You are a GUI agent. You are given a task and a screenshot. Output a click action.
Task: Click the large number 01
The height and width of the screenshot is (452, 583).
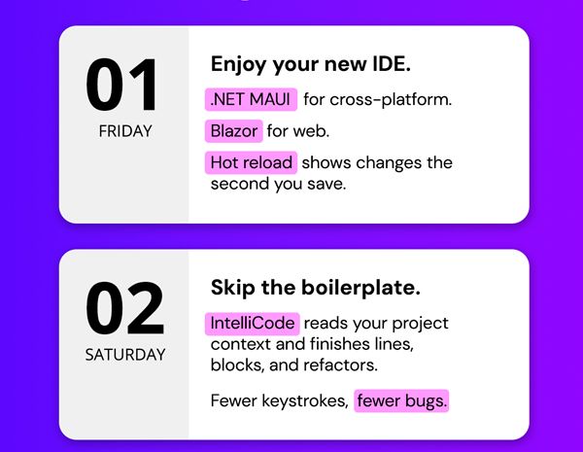(x=121, y=85)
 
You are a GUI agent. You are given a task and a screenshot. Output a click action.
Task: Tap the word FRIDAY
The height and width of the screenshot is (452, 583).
(x=125, y=131)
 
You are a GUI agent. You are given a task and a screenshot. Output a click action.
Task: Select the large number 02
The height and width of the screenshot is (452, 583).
(x=125, y=308)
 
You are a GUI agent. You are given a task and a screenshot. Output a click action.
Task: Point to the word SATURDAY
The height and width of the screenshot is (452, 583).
(x=125, y=355)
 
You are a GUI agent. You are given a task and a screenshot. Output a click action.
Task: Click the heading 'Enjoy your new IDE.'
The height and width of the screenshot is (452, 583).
(x=311, y=65)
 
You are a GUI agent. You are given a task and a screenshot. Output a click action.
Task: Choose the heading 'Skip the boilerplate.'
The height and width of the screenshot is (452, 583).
(x=316, y=288)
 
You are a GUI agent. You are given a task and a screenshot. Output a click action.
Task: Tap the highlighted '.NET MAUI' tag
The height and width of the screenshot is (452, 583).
(x=251, y=99)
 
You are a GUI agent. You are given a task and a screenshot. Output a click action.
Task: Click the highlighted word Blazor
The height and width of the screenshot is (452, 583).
(x=234, y=131)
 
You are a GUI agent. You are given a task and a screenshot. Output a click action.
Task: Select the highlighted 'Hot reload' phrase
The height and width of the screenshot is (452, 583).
(x=251, y=162)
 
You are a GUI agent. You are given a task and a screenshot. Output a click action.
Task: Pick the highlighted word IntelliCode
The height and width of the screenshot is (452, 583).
(x=252, y=323)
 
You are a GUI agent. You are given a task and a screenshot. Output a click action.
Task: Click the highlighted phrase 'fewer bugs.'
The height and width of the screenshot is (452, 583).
(x=401, y=400)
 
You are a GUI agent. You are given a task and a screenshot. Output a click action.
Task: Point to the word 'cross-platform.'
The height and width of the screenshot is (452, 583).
(x=391, y=100)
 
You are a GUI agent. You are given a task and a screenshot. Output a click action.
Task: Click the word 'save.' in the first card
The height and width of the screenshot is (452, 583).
(x=326, y=184)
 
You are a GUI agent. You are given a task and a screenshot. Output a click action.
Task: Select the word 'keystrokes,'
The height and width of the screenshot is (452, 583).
(x=305, y=401)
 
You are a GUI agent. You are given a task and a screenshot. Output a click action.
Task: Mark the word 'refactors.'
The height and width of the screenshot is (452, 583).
(x=341, y=365)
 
